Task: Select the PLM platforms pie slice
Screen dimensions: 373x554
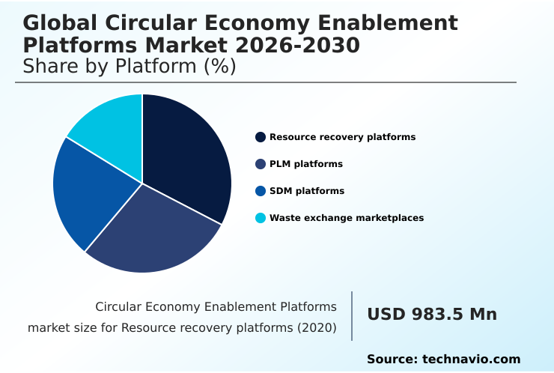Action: click(x=153, y=232)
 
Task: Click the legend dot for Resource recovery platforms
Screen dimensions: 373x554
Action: click(x=261, y=137)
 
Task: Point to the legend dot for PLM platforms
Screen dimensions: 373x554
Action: click(x=261, y=164)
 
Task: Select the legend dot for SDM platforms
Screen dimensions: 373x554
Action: click(x=261, y=191)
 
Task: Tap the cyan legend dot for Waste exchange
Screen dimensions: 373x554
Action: click(x=261, y=218)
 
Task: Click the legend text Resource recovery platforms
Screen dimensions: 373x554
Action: click(x=342, y=137)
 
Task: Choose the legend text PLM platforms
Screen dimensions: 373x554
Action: click(x=306, y=164)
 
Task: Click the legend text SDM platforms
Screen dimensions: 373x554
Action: click(x=307, y=191)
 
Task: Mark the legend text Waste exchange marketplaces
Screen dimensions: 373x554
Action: click(x=347, y=218)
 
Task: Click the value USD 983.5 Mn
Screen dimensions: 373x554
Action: click(x=432, y=315)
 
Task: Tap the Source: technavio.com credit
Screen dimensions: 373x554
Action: click(x=443, y=360)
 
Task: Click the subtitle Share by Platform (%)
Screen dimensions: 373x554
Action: click(x=130, y=67)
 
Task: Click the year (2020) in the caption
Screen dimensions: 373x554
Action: click(x=316, y=328)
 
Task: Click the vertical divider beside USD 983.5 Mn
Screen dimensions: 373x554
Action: click(x=352, y=315)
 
